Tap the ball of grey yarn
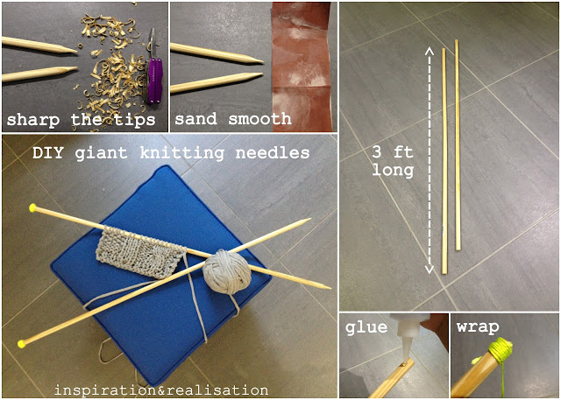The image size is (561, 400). [x=227, y=271]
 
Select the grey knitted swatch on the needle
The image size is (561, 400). [x=140, y=252]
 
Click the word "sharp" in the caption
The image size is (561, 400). [x=33, y=120]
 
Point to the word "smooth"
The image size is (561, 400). [x=259, y=118]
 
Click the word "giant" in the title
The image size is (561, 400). [x=102, y=153]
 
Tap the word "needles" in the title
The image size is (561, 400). [x=273, y=153]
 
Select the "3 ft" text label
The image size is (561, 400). [x=393, y=152]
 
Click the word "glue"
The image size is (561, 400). [x=366, y=327]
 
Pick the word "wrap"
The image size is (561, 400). [x=478, y=327]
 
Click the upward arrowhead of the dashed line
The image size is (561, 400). [x=430, y=51]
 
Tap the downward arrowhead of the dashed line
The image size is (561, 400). [x=430, y=269]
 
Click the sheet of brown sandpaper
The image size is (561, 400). [x=302, y=67]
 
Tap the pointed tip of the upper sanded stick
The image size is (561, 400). [x=262, y=61]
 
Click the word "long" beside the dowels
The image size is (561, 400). [x=393, y=171]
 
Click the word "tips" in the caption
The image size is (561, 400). [x=135, y=120]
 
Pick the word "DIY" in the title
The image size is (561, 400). [x=48, y=153]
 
